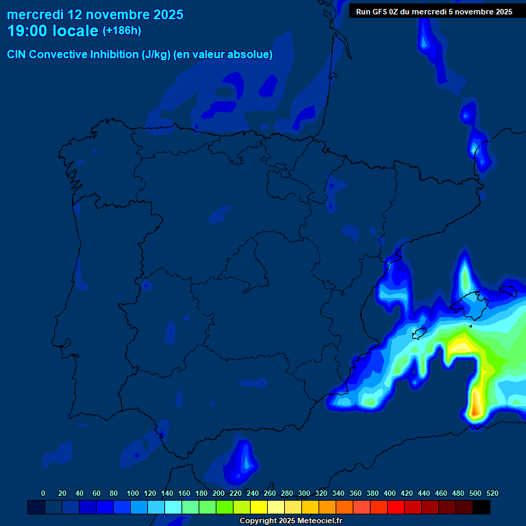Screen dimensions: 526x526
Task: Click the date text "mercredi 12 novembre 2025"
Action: point(95,14)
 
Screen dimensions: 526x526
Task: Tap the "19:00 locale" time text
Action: point(53,31)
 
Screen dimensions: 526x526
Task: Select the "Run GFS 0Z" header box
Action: point(434,11)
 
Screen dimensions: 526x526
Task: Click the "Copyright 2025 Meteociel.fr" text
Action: point(290,521)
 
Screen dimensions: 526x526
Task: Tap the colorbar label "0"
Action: point(43,493)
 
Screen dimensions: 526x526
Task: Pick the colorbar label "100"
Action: point(133,493)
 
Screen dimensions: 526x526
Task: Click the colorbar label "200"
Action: point(218,493)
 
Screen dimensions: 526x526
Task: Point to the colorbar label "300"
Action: point(304,493)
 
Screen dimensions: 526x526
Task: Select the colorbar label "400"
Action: point(390,493)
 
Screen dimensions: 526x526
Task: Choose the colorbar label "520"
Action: point(492,493)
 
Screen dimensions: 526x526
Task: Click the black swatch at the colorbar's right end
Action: point(481,507)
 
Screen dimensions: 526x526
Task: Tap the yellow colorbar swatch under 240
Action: point(259,507)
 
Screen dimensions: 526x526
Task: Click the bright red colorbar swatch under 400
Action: point(396,507)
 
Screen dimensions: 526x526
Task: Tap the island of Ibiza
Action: point(417,334)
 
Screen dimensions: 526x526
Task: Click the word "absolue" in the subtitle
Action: point(250,55)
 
